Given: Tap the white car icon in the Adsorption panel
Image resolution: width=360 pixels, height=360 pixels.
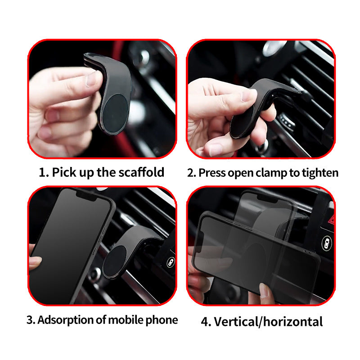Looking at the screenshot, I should [171, 262].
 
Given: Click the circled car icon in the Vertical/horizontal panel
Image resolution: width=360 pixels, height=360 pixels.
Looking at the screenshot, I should [326, 243].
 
